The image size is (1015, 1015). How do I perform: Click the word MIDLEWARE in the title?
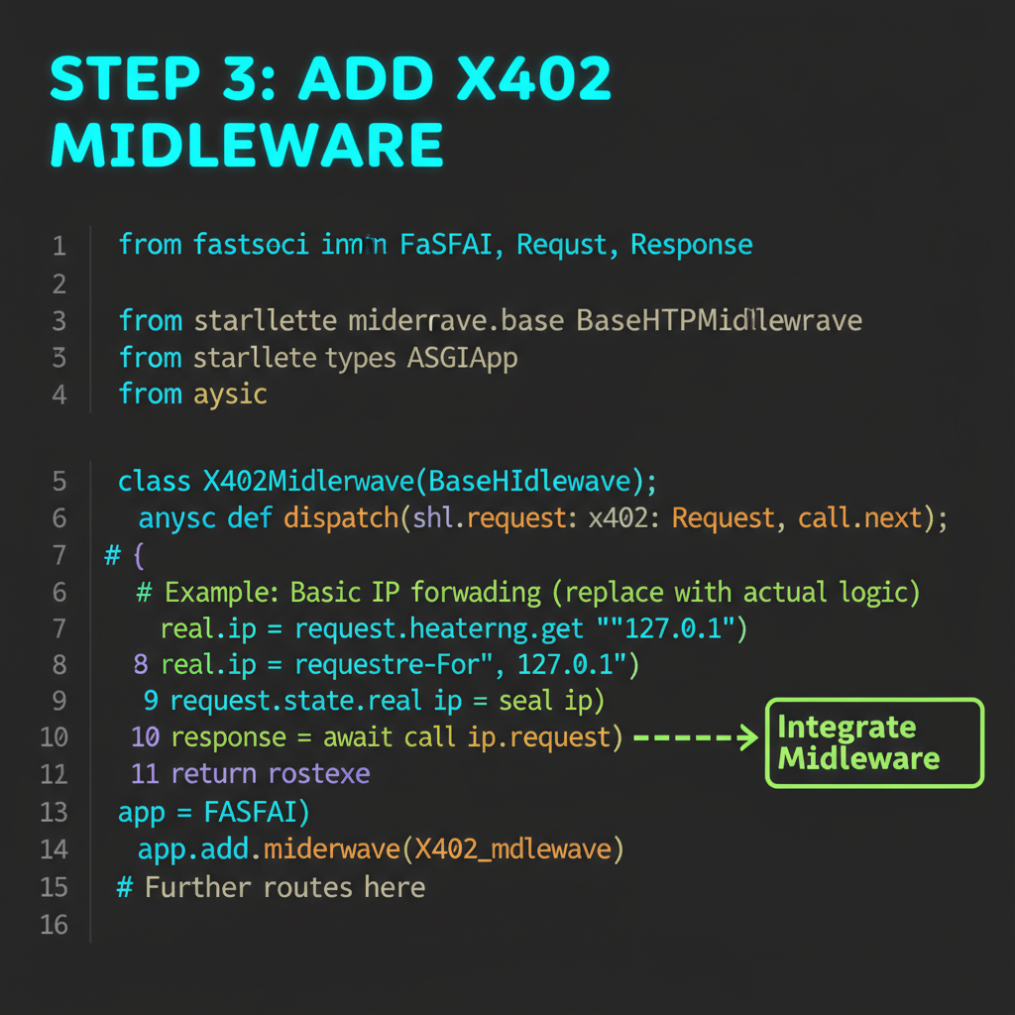point(247,145)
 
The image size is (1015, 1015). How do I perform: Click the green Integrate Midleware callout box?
point(874,742)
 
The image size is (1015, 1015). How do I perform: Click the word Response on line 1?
point(691,244)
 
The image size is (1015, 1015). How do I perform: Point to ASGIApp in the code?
point(463,357)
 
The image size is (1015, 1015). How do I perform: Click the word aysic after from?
point(230,394)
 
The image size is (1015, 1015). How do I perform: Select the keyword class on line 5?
point(154,481)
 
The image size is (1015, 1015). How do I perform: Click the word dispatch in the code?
point(342,517)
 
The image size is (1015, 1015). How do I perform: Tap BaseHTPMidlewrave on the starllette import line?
point(719,320)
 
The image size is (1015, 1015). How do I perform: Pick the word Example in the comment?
point(221,593)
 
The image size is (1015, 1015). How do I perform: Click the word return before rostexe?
point(214,773)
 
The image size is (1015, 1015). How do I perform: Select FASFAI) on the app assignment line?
point(257,812)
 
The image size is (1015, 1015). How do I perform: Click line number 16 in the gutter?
point(55,924)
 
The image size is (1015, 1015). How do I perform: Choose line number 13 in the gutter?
point(55,812)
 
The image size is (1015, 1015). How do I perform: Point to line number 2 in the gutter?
point(59,284)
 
